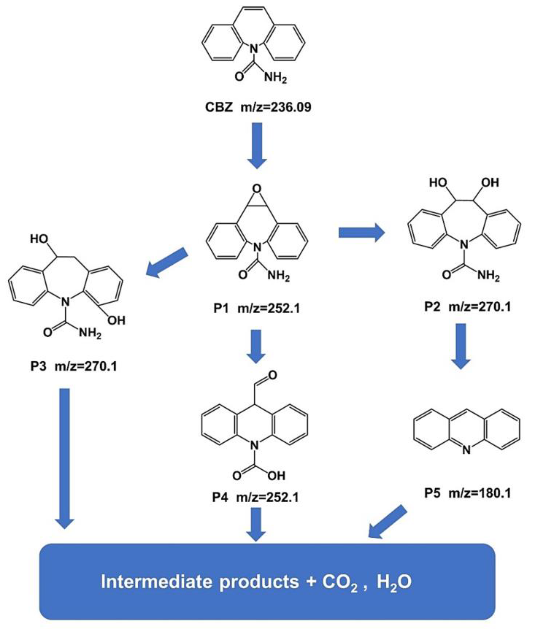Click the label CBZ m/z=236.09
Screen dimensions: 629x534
pyautogui.click(x=258, y=108)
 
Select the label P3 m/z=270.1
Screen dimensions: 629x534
pyautogui.click(x=74, y=367)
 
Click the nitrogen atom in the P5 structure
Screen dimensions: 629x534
pyautogui.click(x=467, y=450)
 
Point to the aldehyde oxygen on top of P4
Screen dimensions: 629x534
pyautogui.click(x=272, y=376)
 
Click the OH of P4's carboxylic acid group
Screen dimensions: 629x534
pyautogui.click(x=276, y=476)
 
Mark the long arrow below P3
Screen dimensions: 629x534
pyautogui.click(x=64, y=458)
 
